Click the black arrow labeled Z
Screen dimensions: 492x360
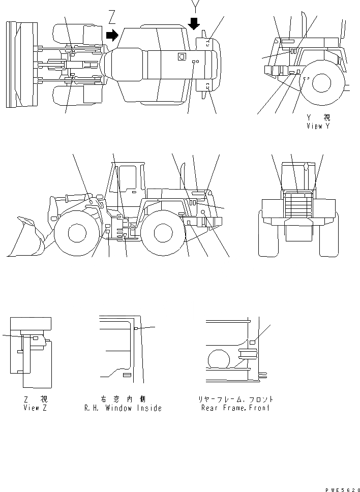[112, 34]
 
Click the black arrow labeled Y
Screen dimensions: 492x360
[194, 23]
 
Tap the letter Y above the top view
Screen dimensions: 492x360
[194, 6]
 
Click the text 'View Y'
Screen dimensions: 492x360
[318, 126]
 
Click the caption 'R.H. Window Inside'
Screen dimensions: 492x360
[123, 408]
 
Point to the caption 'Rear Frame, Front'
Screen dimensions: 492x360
[235, 408]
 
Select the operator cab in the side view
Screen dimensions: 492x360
[126, 183]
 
